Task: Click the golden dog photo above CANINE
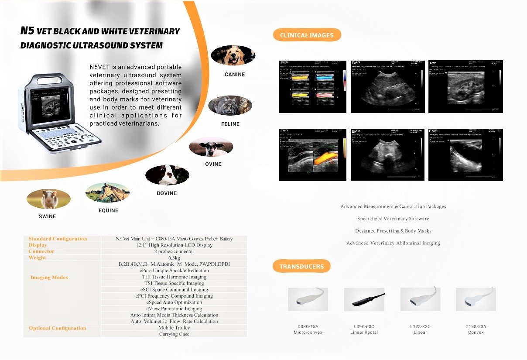pyautogui.click(x=233, y=55)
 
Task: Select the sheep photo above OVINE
pyautogui.click(x=211, y=147)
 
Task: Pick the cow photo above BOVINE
pyautogui.click(x=167, y=175)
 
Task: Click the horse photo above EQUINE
pyautogui.click(x=108, y=193)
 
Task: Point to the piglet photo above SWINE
pyautogui.click(x=48, y=199)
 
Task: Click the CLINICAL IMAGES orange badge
pyautogui.click(x=307, y=35)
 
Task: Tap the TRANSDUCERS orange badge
pyautogui.click(x=301, y=266)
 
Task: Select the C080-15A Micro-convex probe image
pyautogui.click(x=308, y=299)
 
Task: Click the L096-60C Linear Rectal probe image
pyautogui.click(x=364, y=299)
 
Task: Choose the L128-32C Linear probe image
pyautogui.click(x=420, y=299)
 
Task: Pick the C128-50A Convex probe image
pyautogui.click(x=476, y=299)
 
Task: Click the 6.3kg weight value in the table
pyautogui.click(x=174, y=258)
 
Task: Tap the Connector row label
pyautogui.click(x=41, y=251)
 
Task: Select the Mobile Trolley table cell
pyautogui.click(x=174, y=328)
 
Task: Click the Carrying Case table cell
pyautogui.click(x=174, y=334)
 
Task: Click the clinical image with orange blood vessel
pyautogui.click(x=312, y=155)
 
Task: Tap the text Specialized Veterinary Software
pyautogui.click(x=393, y=219)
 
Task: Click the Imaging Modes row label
pyautogui.click(x=49, y=278)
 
